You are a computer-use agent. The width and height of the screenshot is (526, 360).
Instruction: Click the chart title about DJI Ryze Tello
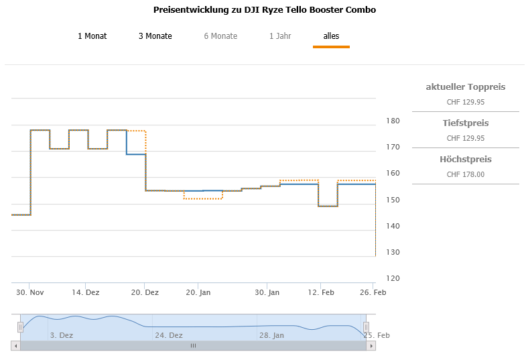[x=264, y=10]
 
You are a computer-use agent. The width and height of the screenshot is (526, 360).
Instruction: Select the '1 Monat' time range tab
[x=92, y=36]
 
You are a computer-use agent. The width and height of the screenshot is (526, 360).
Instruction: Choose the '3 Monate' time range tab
[x=155, y=36]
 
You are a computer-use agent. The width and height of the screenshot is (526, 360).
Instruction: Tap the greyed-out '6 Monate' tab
[x=220, y=36]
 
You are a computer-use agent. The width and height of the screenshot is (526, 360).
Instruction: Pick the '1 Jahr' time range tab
[x=280, y=36]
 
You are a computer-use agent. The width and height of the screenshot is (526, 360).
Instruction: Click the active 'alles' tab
[x=331, y=36]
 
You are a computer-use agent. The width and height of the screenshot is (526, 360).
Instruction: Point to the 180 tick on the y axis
[x=393, y=121]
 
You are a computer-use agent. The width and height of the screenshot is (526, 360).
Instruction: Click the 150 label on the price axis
[x=393, y=200]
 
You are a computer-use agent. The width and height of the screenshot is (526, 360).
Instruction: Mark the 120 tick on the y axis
[x=393, y=279]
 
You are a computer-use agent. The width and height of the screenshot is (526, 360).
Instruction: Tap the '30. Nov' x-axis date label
[x=30, y=292]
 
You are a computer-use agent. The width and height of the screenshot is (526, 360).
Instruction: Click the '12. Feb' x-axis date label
[x=321, y=292]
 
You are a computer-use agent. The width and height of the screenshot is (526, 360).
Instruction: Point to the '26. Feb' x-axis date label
[x=374, y=292]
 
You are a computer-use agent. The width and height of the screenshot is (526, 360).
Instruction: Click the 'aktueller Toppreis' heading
[x=465, y=87]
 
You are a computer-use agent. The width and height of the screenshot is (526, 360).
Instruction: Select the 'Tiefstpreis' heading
[x=465, y=123]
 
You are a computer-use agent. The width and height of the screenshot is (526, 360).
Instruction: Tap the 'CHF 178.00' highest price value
[x=465, y=174]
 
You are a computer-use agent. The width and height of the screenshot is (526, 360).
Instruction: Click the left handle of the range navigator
[x=20, y=326]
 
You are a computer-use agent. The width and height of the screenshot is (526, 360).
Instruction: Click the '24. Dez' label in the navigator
[x=168, y=335]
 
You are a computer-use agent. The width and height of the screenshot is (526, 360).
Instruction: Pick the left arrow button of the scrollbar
[x=15, y=346]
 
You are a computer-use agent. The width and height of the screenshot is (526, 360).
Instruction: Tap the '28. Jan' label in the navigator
[x=271, y=335]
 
